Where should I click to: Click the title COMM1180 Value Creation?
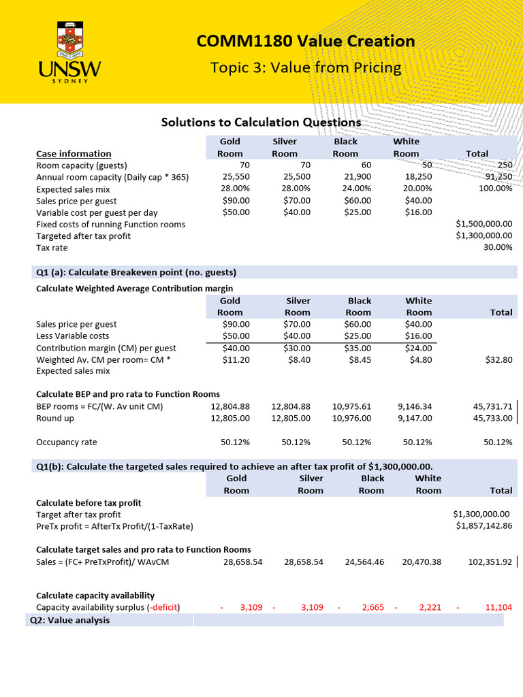306,42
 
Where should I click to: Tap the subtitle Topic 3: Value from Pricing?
306,67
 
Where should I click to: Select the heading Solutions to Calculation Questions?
261,123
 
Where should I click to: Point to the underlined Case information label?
74,154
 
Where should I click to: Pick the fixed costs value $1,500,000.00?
484,224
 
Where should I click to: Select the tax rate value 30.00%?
497,247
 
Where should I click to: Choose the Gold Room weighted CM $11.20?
236,359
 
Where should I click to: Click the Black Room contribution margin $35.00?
358,348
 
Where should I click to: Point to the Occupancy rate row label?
66,442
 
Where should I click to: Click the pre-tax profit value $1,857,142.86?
484,525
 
